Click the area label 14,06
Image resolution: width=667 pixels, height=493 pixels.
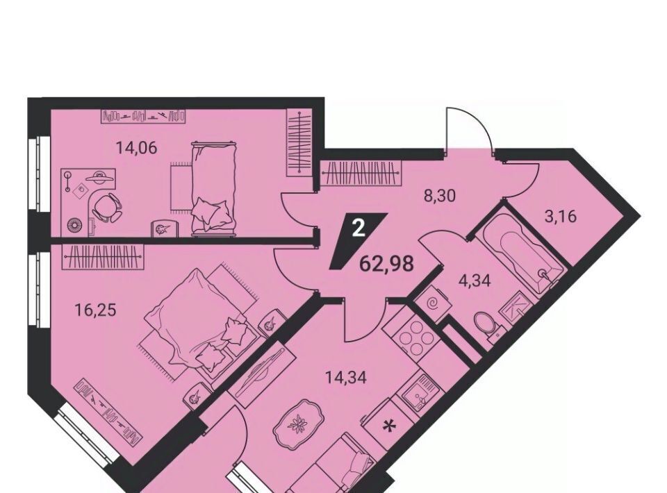click(x=137, y=148)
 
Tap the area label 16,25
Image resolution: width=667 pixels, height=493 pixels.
click(x=95, y=310)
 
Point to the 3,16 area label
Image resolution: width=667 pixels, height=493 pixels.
click(x=560, y=217)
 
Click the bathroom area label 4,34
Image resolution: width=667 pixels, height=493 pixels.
click(x=475, y=281)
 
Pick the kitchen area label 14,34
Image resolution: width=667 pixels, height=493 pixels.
click(x=346, y=377)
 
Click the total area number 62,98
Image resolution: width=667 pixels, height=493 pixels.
click(x=386, y=264)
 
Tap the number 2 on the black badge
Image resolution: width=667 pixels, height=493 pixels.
click(x=359, y=230)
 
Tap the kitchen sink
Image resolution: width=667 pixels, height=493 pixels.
click(x=418, y=392)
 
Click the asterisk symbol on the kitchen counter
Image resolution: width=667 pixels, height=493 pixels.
click(x=388, y=425)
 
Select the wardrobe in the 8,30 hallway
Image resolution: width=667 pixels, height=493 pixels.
click(x=361, y=174)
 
